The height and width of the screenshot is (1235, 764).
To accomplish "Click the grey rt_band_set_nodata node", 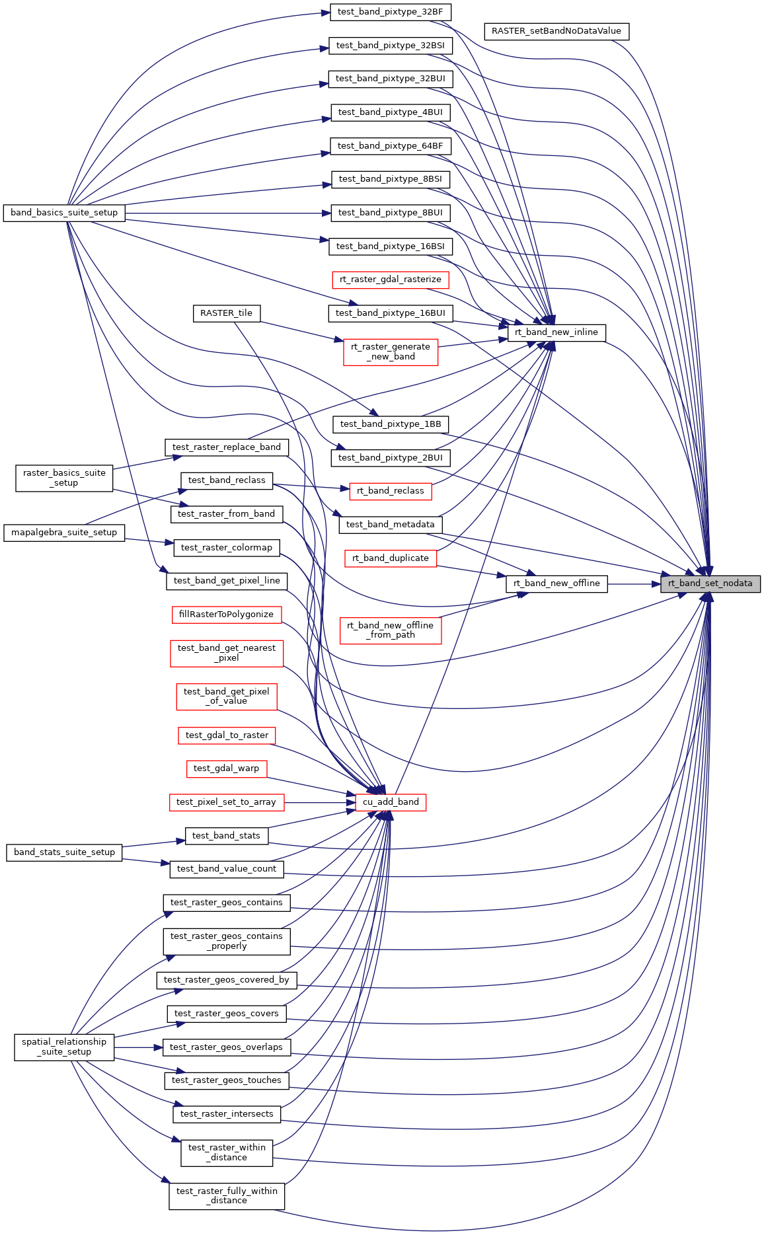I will point(710,583).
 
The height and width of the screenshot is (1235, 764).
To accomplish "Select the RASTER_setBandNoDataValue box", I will point(556,31).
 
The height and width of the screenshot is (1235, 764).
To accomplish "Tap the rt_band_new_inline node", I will point(556,332).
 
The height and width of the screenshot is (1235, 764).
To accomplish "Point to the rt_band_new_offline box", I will point(556,583).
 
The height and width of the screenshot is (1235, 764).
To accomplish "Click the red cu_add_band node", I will point(391,802).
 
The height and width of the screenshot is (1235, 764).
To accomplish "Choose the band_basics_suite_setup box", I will point(64,213).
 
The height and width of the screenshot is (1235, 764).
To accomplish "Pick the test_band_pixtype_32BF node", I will point(390,12).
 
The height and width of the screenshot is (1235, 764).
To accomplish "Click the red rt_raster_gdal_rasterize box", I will point(390,280).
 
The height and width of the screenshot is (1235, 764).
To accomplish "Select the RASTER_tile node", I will point(226,313).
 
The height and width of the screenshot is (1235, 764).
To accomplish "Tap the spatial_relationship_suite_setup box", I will point(64,1047).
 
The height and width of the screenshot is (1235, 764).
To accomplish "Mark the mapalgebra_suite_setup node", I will point(64,533).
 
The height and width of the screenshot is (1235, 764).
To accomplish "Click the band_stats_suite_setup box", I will point(64,852).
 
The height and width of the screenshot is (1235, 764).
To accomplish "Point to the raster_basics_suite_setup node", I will point(64,478).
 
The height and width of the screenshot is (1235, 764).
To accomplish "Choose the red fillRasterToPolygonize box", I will point(226,615).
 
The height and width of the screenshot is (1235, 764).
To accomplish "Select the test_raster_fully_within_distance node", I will point(226,1196).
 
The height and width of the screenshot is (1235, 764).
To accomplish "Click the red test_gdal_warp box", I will point(226,768).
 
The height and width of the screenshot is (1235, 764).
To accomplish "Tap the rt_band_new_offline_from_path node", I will point(390,630).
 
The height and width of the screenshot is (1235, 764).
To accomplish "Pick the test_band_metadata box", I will point(390,525).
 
